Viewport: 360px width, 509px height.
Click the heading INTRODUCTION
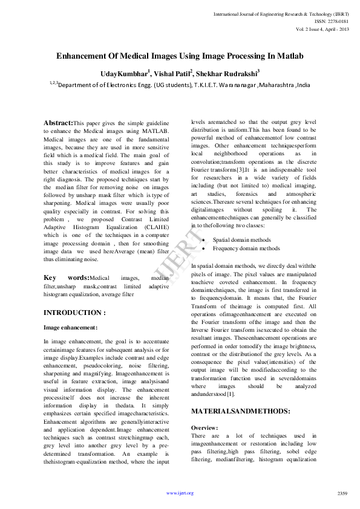coord(75,313)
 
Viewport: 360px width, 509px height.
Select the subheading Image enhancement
coord(70,327)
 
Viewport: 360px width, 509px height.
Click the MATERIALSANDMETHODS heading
coord(240,411)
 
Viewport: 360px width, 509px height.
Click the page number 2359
coord(342,493)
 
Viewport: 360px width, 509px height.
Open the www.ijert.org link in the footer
coord(180,493)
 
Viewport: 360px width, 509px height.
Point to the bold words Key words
coord(66,277)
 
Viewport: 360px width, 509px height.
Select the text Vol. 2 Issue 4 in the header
coord(310,28)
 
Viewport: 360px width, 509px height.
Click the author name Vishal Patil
coord(173,74)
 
